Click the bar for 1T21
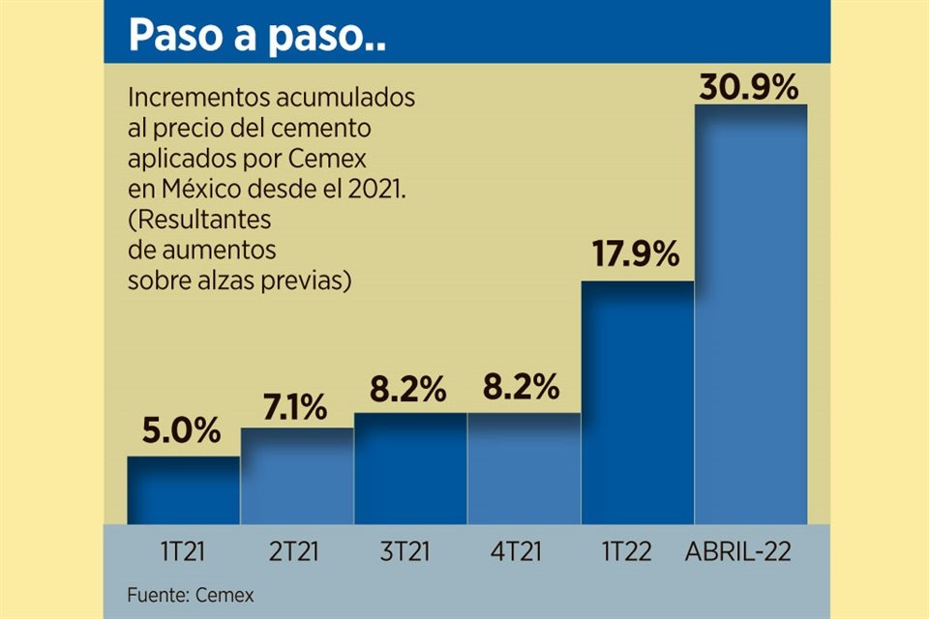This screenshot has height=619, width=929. point(184,489)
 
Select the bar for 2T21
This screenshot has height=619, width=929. point(297,476)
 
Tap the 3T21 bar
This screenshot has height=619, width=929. point(410,468)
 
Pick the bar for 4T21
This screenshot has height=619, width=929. point(524,468)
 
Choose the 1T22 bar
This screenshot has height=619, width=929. point(637,402)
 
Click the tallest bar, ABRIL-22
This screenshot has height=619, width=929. point(751,314)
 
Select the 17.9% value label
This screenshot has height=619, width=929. point(637,257)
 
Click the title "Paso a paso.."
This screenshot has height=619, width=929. point(256,37)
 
